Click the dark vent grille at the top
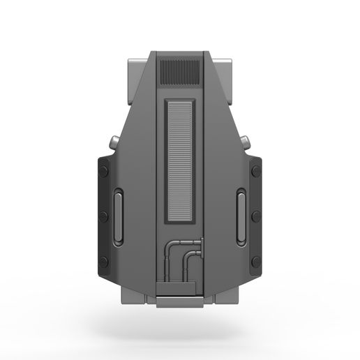click(x=179, y=72)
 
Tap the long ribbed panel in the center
click(x=180, y=160)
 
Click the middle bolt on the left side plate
click(x=103, y=217)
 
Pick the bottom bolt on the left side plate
click(x=103, y=262)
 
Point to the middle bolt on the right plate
click(x=256, y=217)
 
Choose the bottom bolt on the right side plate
click(x=256, y=262)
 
